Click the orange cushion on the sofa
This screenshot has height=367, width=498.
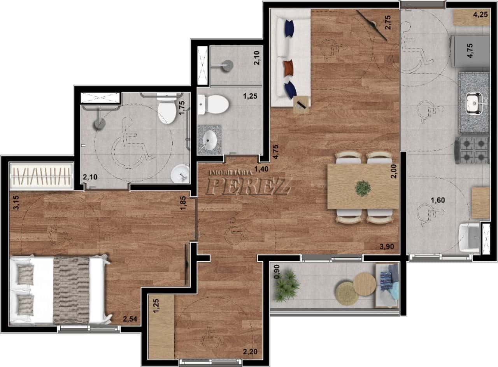pyautogui.click(x=289, y=68)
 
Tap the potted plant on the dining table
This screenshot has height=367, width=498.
pyautogui.click(x=363, y=188)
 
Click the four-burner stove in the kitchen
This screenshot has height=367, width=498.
pyautogui.click(x=472, y=150)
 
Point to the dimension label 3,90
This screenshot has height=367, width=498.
pyautogui.click(x=387, y=246)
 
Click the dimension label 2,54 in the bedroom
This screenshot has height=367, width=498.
pyautogui.click(x=130, y=319)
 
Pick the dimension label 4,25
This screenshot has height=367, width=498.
pyautogui.click(x=480, y=15)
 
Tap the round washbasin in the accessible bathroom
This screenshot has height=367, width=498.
pyautogui.click(x=180, y=174)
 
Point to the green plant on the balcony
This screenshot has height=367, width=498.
pyautogui.click(x=286, y=285)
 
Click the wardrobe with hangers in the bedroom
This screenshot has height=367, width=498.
pyautogui.click(x=41, y=177)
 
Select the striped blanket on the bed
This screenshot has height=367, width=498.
pyautogui.click(x=71, y=290)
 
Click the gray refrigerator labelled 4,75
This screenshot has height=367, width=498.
pyautogui.click(x=470, y=51)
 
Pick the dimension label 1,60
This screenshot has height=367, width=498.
pyautogui.click(x=438, y=200)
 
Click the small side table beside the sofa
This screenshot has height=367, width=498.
pyautogui.click(x=302, y=105)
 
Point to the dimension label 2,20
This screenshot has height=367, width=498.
pyautogui.click(x=250, y=352)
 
